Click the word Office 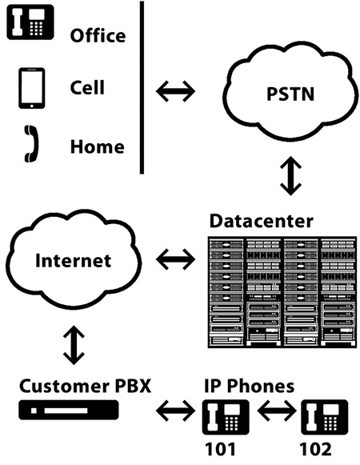point(98,35)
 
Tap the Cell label point(87,87)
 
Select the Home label point(98,146)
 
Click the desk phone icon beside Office point(30,22)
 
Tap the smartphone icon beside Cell point(32,88)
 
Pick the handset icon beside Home point(31,144)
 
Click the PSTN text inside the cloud point(290,94)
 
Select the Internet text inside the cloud point(74,260)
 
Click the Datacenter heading point(262,221)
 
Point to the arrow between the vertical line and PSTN point(175,90)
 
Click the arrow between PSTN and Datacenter point(290,176)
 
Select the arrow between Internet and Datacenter point(175,259)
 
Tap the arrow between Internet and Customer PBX point(74,345)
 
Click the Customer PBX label point(86,386)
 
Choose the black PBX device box point(69,410)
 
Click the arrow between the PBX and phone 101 point(175,411)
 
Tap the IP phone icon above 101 point(226,417)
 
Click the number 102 point(315,449)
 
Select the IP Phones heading point(250,386)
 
